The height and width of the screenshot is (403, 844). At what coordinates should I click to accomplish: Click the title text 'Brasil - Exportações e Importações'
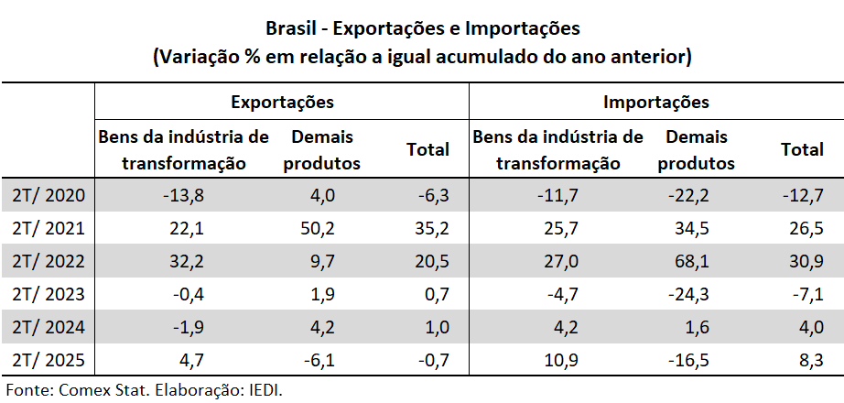pyautogui.click(x=422, y=28)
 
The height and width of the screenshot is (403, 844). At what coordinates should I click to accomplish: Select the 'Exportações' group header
pyautogui.click(x=281, y=102)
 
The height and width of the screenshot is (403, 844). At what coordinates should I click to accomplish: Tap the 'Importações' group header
pyautogui.click(x=656, y=102)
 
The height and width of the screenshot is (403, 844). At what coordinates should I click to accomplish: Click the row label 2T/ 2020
pyautogui.click(x=49, y=194)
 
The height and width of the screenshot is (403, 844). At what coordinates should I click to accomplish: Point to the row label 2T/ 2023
pyautogui.click(x=49, y=294)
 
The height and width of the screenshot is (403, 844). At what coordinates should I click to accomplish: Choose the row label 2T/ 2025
pyautogui.click(x=49, y=360)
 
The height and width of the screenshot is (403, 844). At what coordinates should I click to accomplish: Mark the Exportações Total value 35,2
pyautogui.click(x=430, y=227)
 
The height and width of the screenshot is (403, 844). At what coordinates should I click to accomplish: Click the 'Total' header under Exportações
pyautogui.click(x=427, y=149)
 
